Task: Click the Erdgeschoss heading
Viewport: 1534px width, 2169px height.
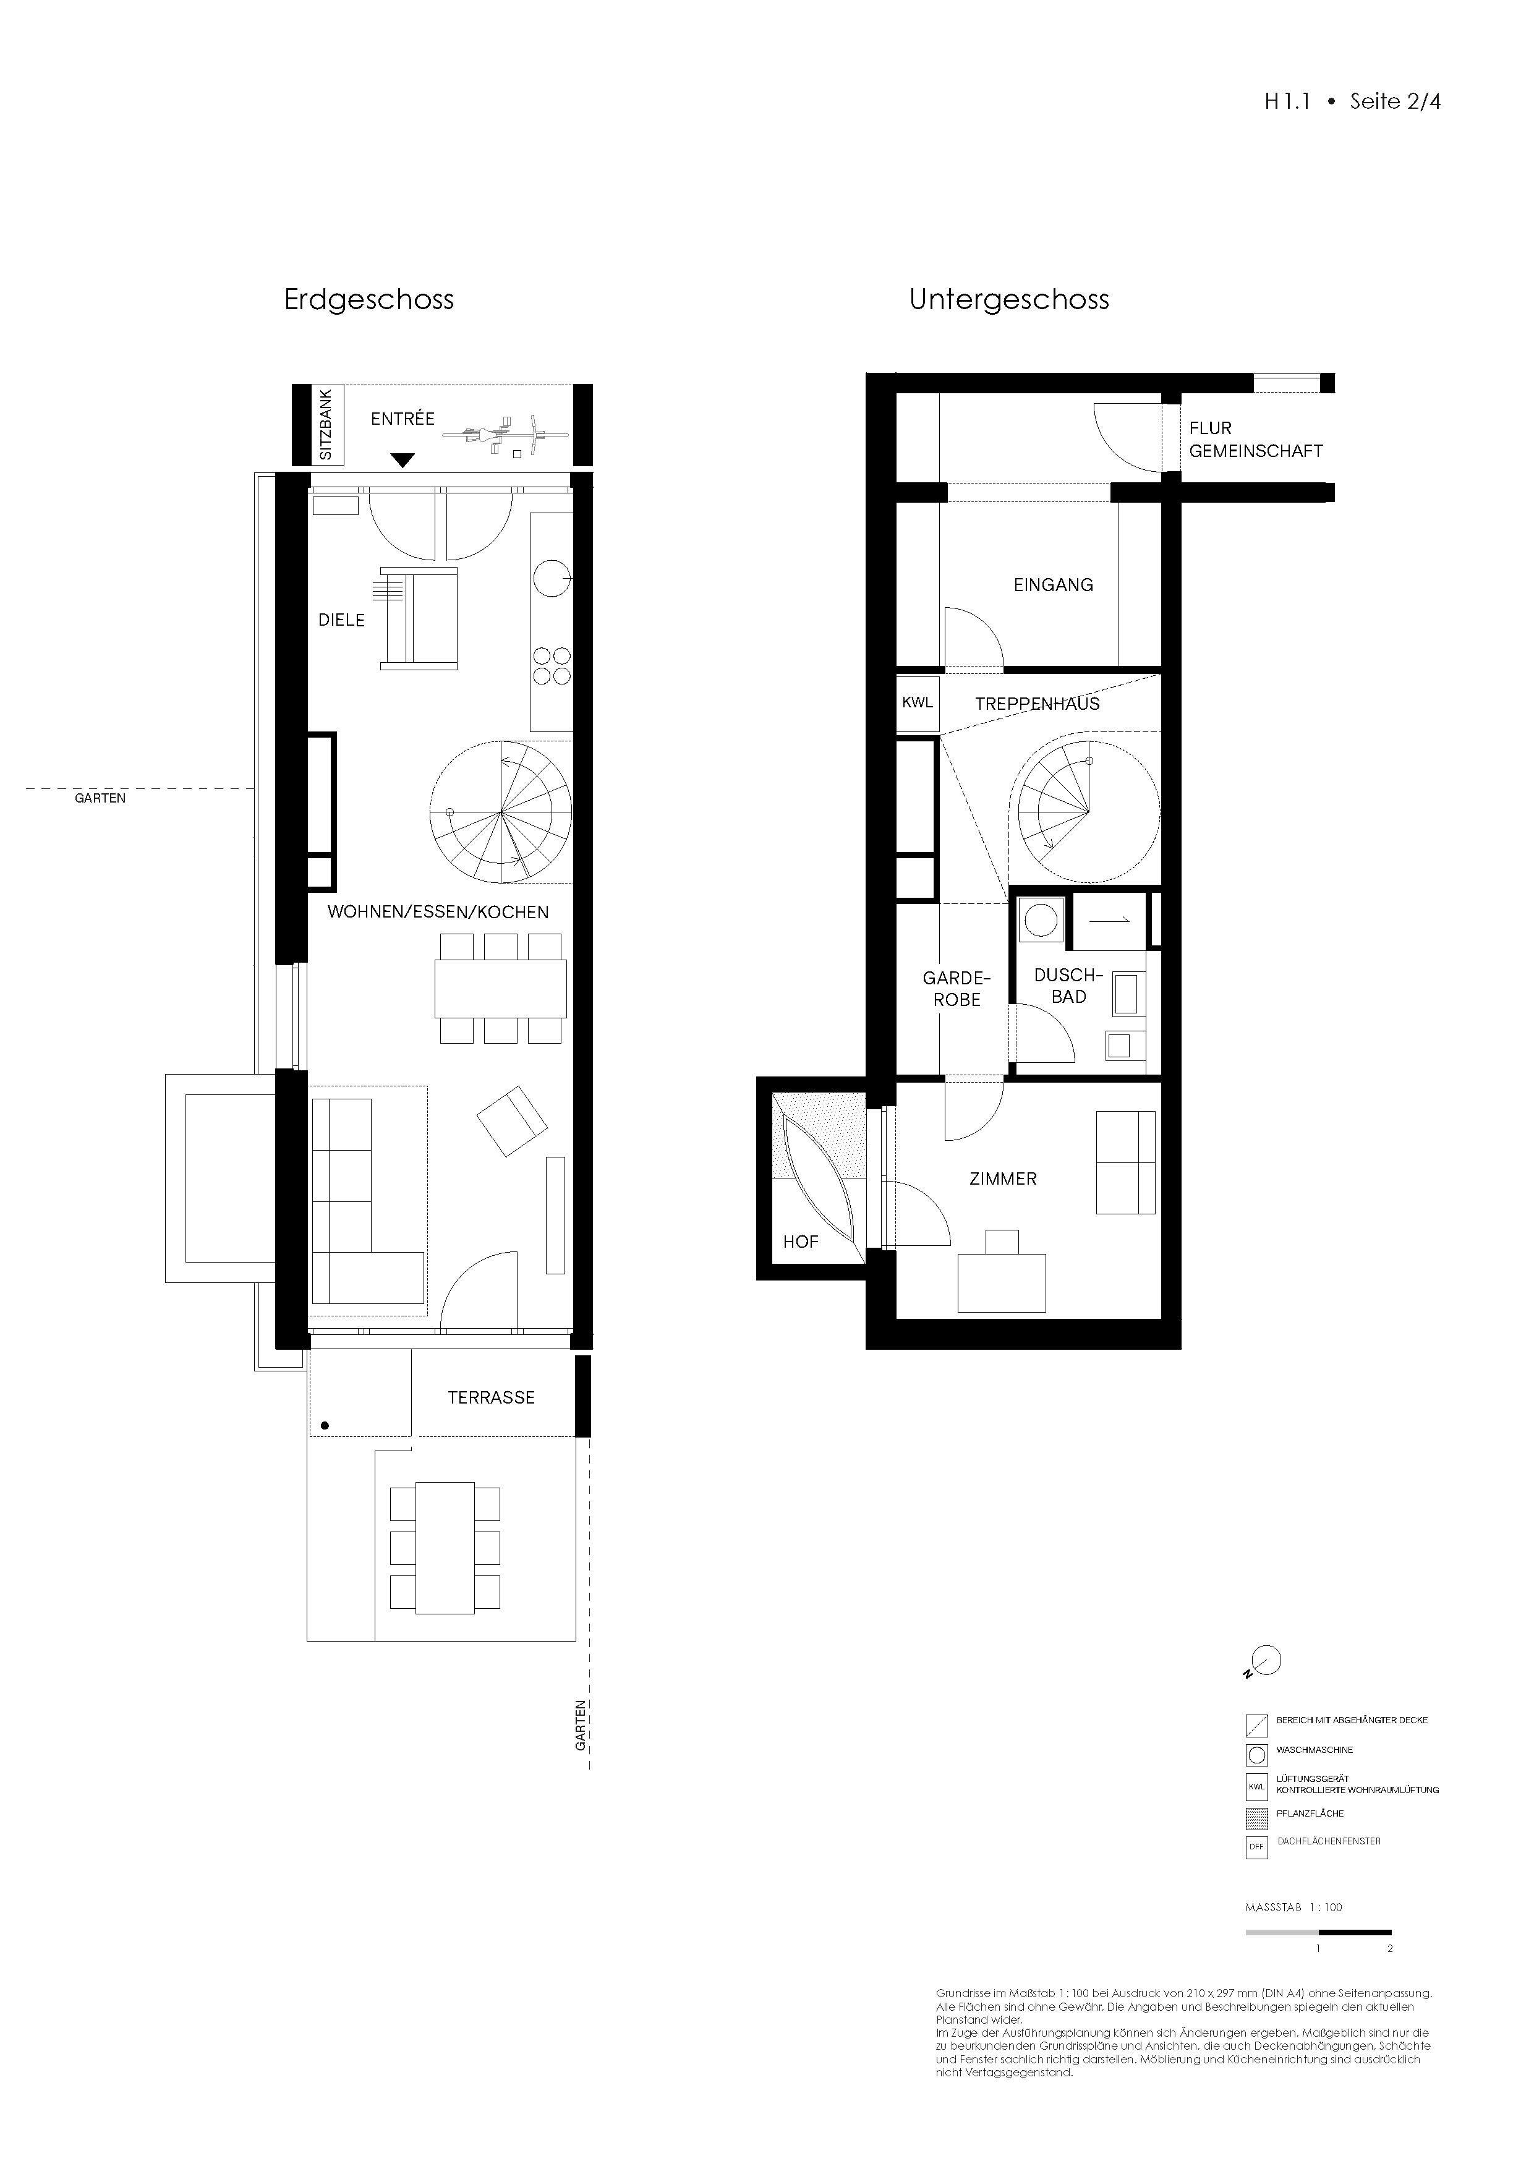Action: [369, 300]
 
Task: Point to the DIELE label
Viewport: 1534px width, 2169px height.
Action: [341, 620]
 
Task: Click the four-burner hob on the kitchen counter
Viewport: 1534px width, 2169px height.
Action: [552, 665]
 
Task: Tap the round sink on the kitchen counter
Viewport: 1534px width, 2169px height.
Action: [551, 578]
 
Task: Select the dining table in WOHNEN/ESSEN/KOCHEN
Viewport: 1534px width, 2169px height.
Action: [501, 988]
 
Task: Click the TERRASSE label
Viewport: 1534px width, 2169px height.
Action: [491, 1397]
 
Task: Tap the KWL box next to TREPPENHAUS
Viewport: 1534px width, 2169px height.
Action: [917, 703]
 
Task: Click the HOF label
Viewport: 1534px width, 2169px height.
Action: [800, 1242]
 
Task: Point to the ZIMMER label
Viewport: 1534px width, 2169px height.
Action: [1003, 1179]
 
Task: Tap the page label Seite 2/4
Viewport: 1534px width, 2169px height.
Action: [1394, 102]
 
